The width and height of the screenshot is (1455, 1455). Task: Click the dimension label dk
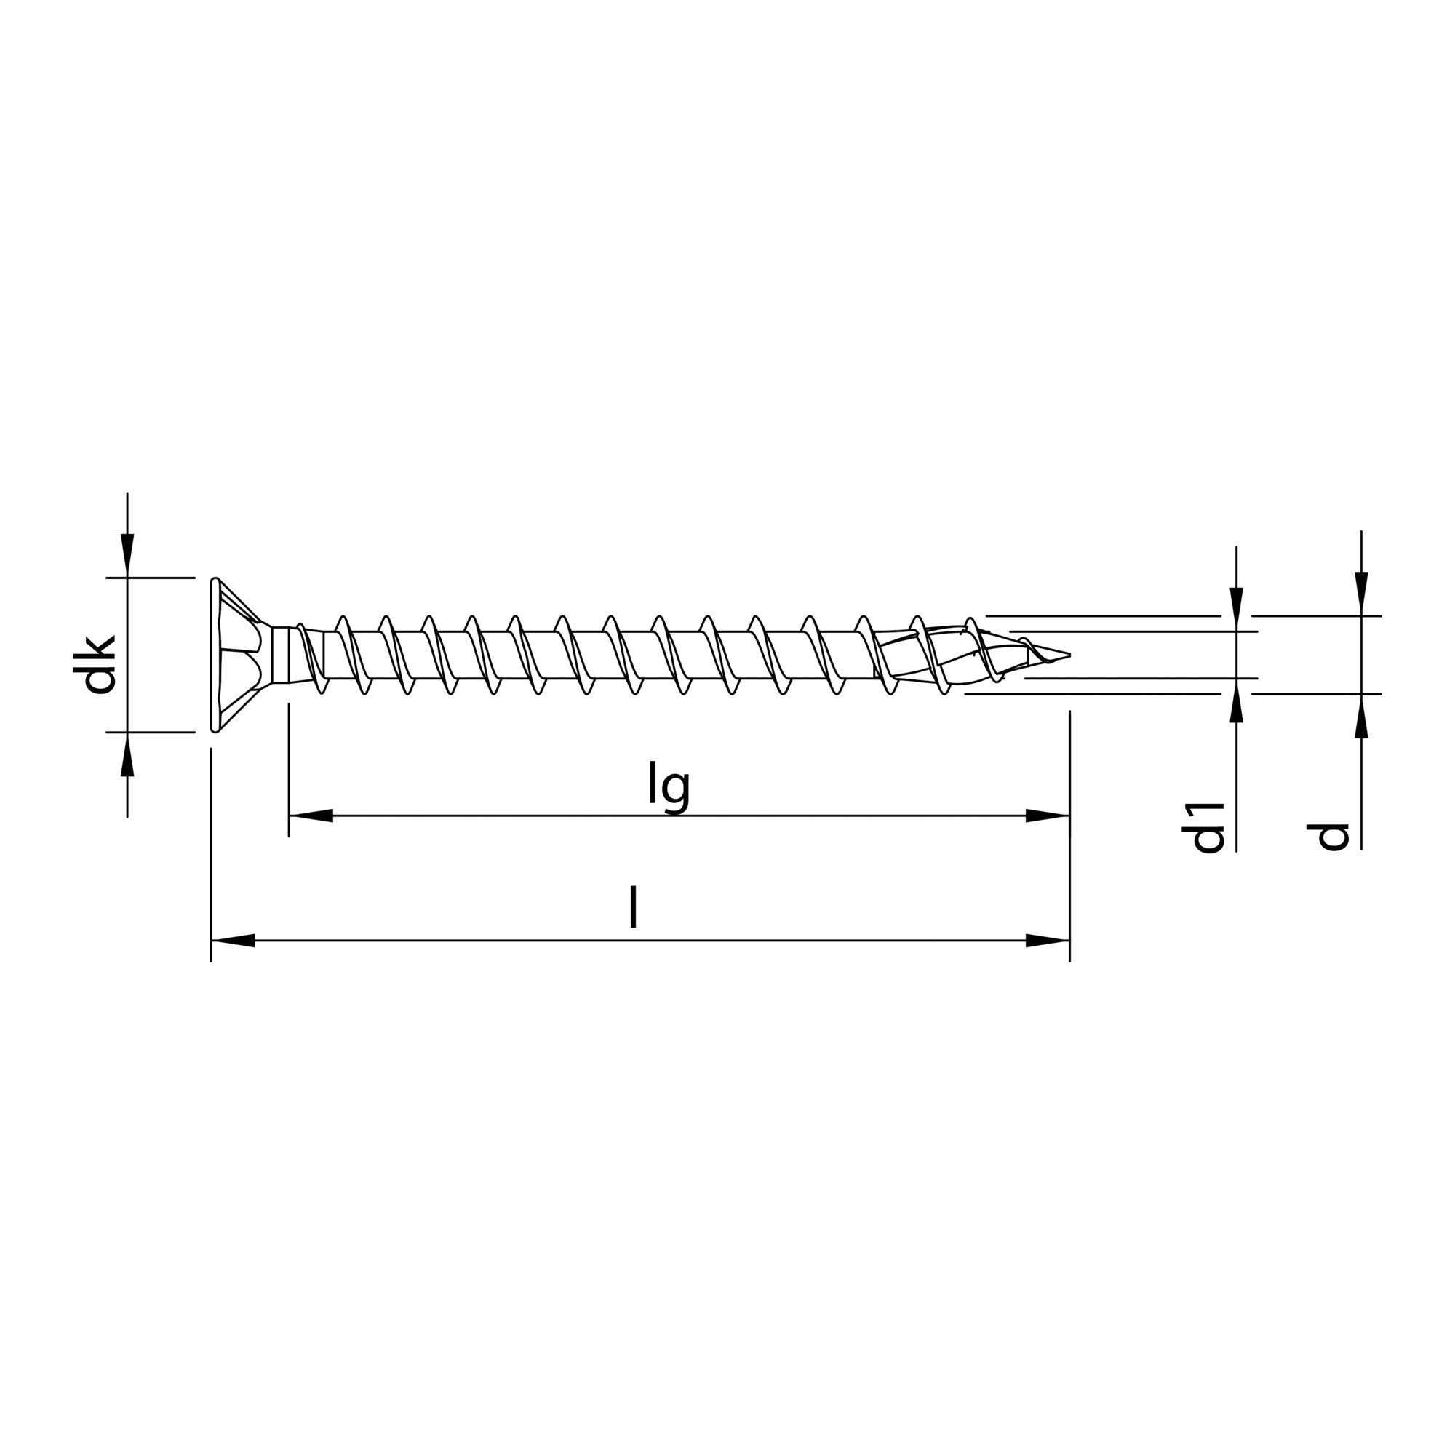(100, 663)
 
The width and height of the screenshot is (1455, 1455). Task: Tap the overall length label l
(634, 907)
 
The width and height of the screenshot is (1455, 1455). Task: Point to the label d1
(1208, 828)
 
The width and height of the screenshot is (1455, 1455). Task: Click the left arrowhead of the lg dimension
(311, 816)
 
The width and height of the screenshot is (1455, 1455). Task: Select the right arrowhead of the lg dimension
(1048, 816)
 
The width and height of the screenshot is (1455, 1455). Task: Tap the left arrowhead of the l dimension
(232, 941)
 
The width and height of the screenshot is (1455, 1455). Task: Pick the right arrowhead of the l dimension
(1048, 941)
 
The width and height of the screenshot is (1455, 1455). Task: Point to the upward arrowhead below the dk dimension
(128, 752)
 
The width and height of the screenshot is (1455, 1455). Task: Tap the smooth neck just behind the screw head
(283, 654)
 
